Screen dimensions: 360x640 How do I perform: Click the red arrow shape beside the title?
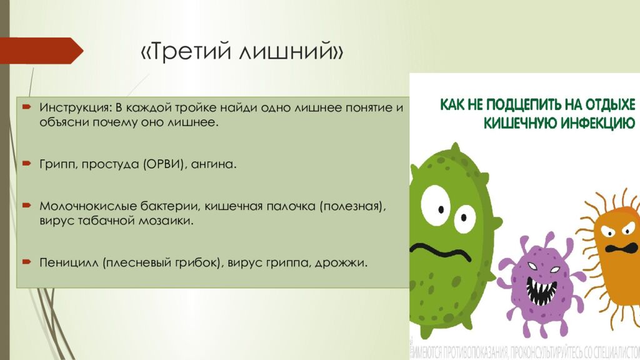(x=41, y=51)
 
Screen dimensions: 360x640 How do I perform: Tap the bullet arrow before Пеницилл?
(x=26, y=261)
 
